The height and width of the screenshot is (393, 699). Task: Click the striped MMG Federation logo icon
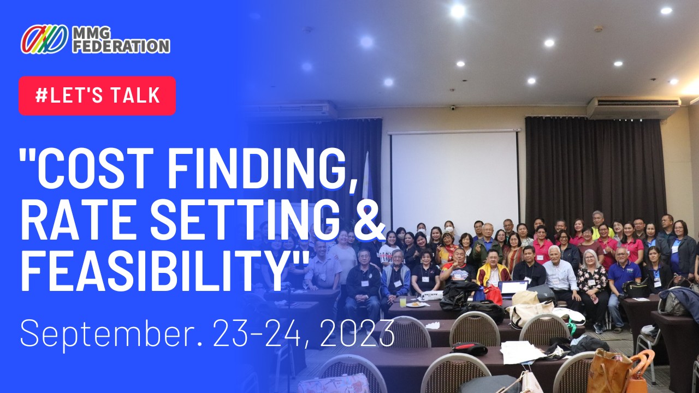44,39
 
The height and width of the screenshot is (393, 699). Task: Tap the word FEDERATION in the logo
121,46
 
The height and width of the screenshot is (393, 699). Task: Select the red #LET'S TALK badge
97,96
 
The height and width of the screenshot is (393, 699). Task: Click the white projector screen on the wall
454,178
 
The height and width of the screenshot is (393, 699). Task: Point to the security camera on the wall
453,108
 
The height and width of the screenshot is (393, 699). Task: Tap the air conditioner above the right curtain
633,108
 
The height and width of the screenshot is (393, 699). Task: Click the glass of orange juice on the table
403,301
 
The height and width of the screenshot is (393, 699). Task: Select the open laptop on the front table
512,289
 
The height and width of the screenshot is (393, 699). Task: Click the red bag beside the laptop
493,294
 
